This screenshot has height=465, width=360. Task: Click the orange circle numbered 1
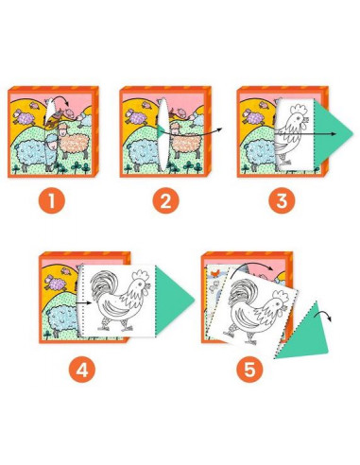point(52,200)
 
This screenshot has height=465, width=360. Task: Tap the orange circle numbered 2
point(165,200)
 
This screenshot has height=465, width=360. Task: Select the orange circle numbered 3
point(282,200)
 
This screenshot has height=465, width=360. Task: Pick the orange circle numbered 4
point(82,370)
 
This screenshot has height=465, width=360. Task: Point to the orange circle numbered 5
point(249,370)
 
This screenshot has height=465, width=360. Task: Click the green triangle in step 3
point(331,133)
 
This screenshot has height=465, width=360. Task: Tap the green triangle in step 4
point(172,300)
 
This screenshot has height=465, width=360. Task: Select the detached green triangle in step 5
point(304,336)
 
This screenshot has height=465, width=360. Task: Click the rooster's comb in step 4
point(141,276)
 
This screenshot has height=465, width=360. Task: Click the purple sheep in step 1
point(24,117)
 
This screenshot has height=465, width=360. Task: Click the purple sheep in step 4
point(56,283)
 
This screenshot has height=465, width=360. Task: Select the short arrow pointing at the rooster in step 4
point(84,303)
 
